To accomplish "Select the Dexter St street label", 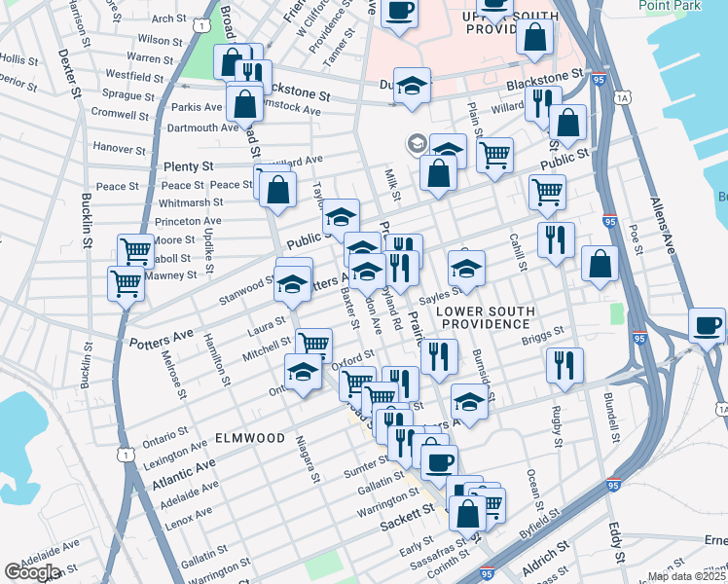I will pyautogui.click(x=74, y=70).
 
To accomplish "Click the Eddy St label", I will pyautogui.click(x=616, y=541).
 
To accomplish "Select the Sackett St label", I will pyautogui.click(x=405, y=523).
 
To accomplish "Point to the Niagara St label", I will pyautogui.click(x=308, y=457).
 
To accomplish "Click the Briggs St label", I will pyautogui.click(x=542, y=334).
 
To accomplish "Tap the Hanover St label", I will pyautogui.click(x=119, y=149).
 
